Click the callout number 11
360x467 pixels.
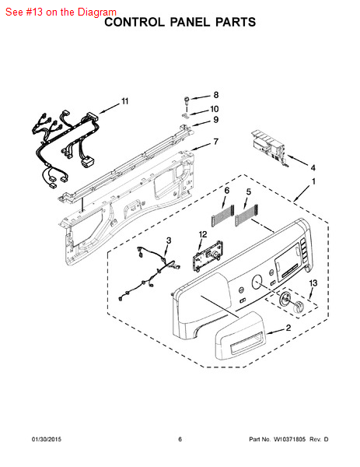[125, 101]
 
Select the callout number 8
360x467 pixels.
[216, 95]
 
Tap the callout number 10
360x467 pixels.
[215, 109]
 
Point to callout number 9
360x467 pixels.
[216, 120]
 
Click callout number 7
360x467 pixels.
[216, 142]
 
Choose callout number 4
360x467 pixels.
[313, 167]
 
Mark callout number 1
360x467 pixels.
[313, 183]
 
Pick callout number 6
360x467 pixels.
[226, 191]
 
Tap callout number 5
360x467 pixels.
[248, 191]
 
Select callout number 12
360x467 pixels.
[203, 233]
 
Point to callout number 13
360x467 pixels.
[313, 283]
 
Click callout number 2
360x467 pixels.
[288, 328]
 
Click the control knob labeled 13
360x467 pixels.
[291, 304]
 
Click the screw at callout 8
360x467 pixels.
[187, 100]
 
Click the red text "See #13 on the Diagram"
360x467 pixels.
[60, 12]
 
